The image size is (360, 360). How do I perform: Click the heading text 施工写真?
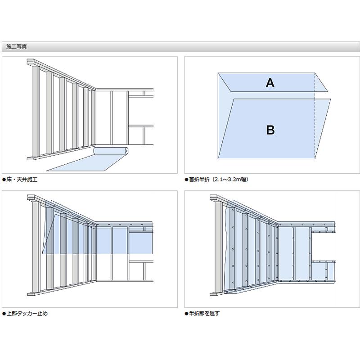point(17,47)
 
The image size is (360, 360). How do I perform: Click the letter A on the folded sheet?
point(270,83)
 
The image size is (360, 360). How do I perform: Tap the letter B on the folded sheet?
point(270,130)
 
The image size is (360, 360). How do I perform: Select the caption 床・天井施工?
point(22,179)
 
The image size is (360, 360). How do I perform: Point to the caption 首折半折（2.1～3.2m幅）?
point(219,179)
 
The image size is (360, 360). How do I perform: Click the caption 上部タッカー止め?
point(27,313)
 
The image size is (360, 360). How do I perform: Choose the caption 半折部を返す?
point(204,313)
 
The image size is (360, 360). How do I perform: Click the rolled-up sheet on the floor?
point(111,151)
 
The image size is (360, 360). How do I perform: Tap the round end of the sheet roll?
point(126,151)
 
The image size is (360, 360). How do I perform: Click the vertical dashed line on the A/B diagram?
point(315,116)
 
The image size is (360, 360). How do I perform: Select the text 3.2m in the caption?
point(234,179)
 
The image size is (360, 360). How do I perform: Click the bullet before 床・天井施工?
point(4,180)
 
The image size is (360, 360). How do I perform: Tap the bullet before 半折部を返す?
point(186,314)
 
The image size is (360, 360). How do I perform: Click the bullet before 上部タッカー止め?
point(4,314)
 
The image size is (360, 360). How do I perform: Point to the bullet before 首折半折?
point(186,180)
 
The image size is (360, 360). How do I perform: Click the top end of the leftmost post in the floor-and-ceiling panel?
point(35,66)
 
